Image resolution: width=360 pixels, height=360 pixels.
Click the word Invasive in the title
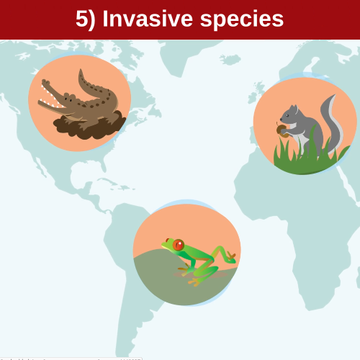coord(148,19)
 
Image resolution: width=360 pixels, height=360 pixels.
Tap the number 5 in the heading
coord(81,19)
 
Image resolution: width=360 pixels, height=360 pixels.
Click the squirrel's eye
coord(290,116)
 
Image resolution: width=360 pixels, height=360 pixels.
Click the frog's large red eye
coord(178,245)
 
